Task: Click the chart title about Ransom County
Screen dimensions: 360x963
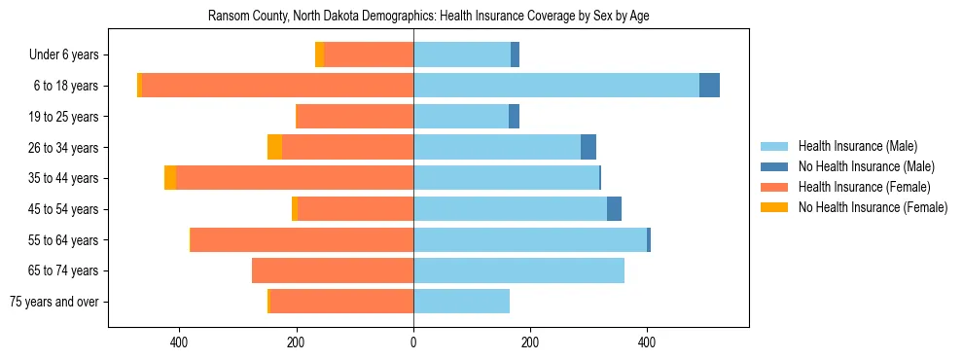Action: coord(428,17)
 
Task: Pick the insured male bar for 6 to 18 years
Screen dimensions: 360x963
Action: coord(556,86)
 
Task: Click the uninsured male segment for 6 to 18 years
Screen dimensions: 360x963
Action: coord(709,86)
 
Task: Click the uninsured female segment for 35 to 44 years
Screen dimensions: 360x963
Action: coord(170,178)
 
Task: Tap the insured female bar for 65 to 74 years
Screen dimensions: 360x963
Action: coord(333,270)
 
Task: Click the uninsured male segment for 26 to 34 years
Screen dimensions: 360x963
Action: coord(588,147)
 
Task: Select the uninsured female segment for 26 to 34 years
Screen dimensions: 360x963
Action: coord(274,147)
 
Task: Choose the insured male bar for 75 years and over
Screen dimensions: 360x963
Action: coord(461,302)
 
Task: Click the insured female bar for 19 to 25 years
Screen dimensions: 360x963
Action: coord(354,117)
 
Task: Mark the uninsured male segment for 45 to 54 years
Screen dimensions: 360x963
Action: coord(614,209)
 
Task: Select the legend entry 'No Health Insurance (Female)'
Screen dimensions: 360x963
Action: coord(873,207)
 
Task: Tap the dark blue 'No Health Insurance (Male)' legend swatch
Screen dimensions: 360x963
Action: coord(774,166)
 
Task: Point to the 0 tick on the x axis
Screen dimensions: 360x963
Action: coord(413,342)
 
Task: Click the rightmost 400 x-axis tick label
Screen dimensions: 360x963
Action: coord(647,342)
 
